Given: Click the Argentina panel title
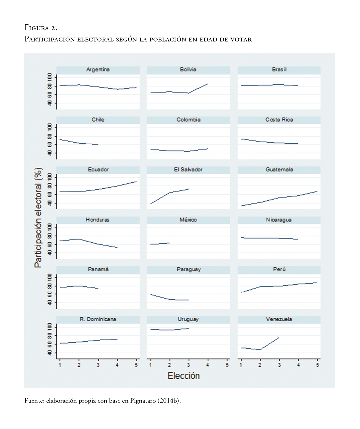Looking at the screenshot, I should (98, 70).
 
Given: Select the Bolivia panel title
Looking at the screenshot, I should (188, 70).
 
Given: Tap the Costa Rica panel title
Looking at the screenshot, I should (279, 120).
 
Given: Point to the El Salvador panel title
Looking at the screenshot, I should (188, 170).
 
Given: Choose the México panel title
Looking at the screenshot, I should (188, 220).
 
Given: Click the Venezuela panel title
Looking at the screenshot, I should (279, 319).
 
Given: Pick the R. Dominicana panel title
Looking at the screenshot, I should (98, 319).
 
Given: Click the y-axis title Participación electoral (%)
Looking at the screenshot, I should (38, 218).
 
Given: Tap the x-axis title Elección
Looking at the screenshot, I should (184, 376).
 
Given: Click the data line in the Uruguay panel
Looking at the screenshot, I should (169, 329).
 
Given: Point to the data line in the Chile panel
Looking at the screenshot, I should (79, 143).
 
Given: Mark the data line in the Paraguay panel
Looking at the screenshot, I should (169, 299).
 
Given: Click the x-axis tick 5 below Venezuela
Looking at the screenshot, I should (317, 365).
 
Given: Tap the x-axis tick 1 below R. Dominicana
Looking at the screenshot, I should (60, 365).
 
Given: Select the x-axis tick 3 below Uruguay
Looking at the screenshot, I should (189, 365).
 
